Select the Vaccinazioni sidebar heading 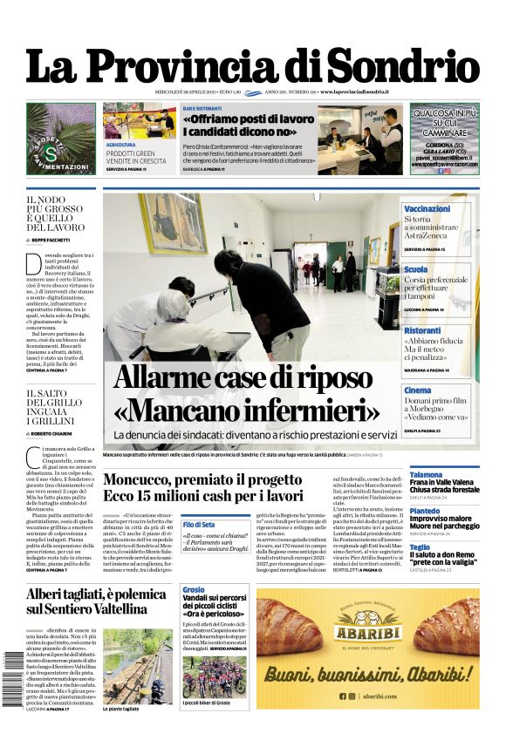pos(427,209)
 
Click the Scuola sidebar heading pos(416,269)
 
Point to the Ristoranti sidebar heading pos(422,330)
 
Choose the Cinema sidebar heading pos(418,390)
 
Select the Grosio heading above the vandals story pos(194,590)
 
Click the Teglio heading pos(420,547)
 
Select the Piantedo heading pos(425,511)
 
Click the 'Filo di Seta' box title pos(198,524)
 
